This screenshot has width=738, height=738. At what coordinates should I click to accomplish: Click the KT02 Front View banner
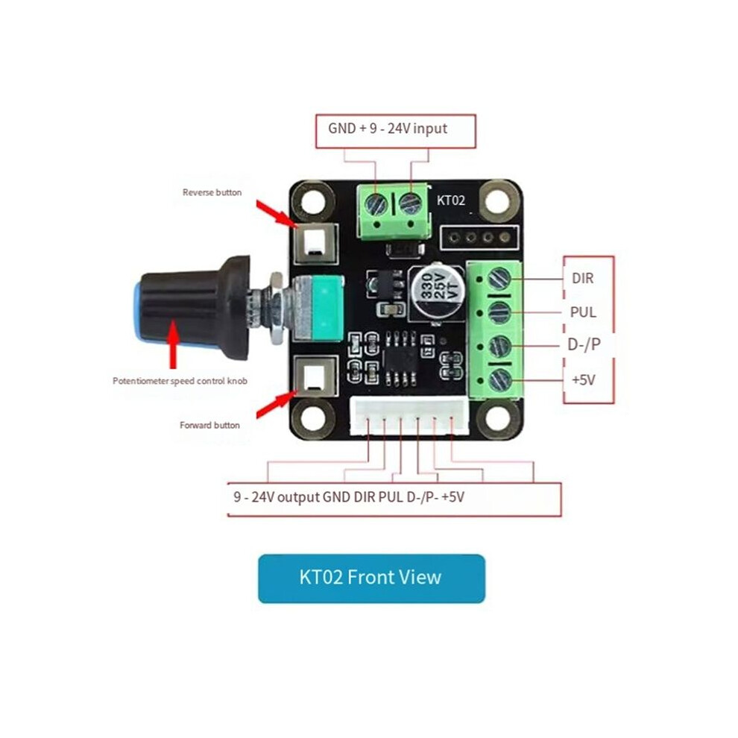pyautogui.click(x=371, y=578)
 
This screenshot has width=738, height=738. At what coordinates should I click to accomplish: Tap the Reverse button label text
pyautogui.click(x=212, y=192)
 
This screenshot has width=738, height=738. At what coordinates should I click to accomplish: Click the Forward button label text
pyautogui.click(x=209, y=425)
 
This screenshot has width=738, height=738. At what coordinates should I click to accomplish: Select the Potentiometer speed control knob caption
pyautogui.click(x=180, y=381)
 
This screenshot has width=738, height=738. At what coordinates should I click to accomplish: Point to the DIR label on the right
pyautogui.click(x=583, y=278)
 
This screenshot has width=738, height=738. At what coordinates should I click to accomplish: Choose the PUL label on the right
pyautogui.click(x=583, y=312)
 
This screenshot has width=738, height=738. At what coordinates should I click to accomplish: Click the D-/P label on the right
pyautogui.click(x=584, y=344)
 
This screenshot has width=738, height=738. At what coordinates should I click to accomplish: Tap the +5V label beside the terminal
pyautogui.click(x=584, y=379)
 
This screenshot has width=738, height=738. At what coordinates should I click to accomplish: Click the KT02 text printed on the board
pyautogui.click(x=451, y=201)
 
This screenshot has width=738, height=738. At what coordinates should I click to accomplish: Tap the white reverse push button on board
pyautogui.click(x=315, y=245)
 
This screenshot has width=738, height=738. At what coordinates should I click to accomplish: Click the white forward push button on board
pyautogui.click(x=315, y=376)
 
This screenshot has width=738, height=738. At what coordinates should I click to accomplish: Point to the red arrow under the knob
pyautogui.click(x=174, y=344)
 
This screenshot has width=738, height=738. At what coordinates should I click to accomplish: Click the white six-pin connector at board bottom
pyautogui.click(x=409, y=416)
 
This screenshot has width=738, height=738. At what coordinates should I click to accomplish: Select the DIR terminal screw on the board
pyautogui.click(x=499, y=279)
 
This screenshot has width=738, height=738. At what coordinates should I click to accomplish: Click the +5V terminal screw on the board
pyautogui.click(x=500, y=380)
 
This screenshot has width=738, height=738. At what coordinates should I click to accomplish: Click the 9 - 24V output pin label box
pyautogui.click(x=394, y=499)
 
